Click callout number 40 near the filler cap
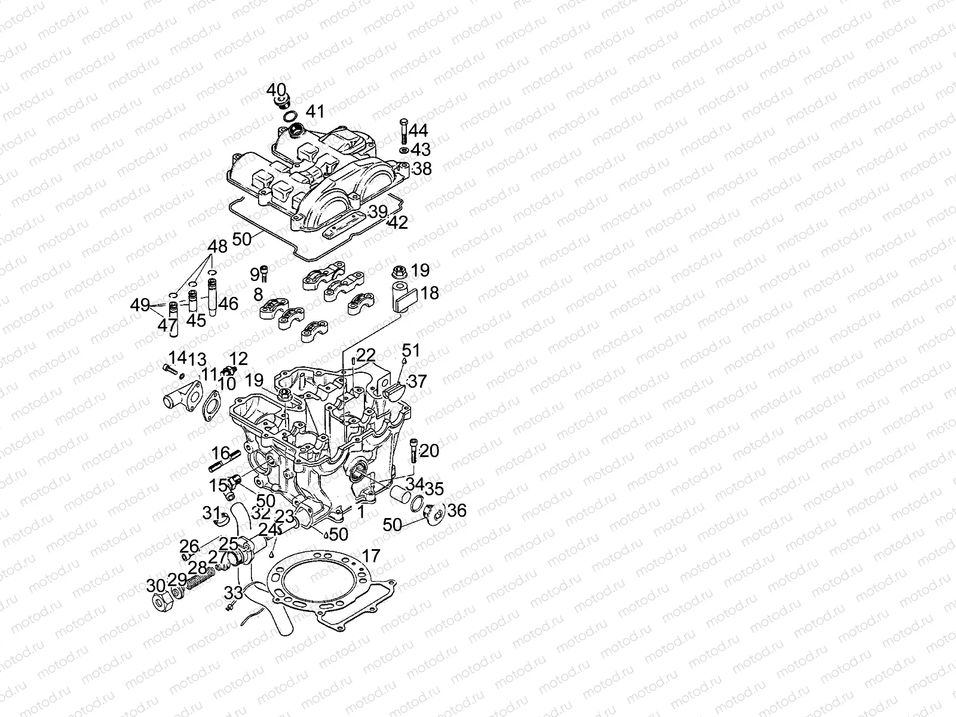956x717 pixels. [x=275, y=90]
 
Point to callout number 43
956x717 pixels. [x=421, y=149]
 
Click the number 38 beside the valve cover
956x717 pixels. [x=422, y=168]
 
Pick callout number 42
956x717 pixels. [x=397, y=222]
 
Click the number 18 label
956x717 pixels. [x=430, y=293]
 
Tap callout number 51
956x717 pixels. [x=410, y=350]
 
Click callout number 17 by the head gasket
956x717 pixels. [x=371, y=556]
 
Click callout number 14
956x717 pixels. [x=177, y=358]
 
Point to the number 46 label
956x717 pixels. [x=228, y=304]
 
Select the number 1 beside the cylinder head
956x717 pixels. [x=360, y=511]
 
